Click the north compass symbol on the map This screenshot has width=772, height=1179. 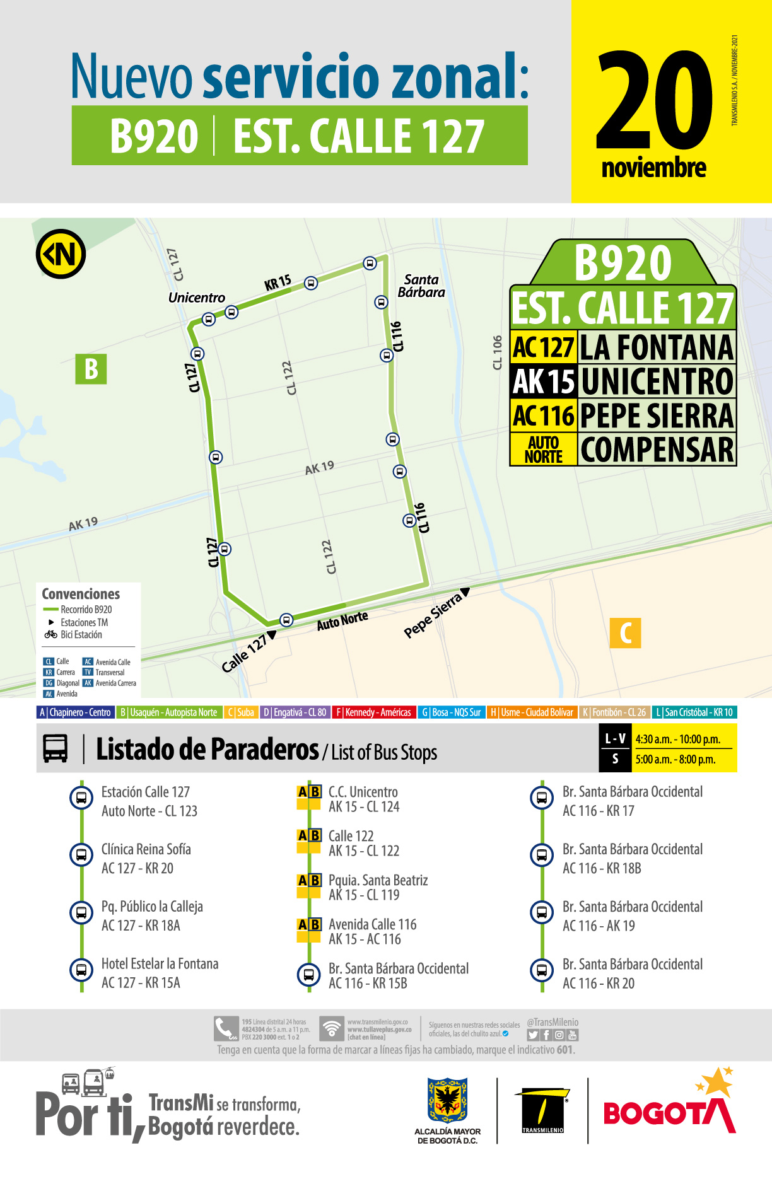click(x=61, y=254)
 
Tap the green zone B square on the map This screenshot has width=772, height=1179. click(x=91, y=369)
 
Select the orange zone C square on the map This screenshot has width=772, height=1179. click(x=625, y=633)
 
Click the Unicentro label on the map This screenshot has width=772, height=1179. click(x=196, y=298)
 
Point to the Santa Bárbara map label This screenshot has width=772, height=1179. click(x=421, y=286)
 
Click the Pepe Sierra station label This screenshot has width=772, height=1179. click(x=433, y=615)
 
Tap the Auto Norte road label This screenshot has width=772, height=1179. click(x=342, y=621)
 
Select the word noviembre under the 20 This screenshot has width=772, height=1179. click(x=653, y=168)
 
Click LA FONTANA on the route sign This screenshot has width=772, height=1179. click(x=657, y=347)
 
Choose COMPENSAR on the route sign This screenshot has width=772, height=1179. click(x=657, y=450)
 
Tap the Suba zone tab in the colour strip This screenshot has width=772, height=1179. click(x=242, y=712)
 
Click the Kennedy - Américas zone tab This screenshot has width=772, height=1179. click(x=373, y=712)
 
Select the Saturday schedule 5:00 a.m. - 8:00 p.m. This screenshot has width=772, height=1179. click(x=675, y=760)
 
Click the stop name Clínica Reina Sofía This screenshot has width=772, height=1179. click(x=146, y=849)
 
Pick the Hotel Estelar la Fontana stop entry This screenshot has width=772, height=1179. click(x=160, y=964)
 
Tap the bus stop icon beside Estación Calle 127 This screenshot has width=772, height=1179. click(x=81, y=798)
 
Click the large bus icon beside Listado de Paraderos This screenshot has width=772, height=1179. click(x=56, y=749)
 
